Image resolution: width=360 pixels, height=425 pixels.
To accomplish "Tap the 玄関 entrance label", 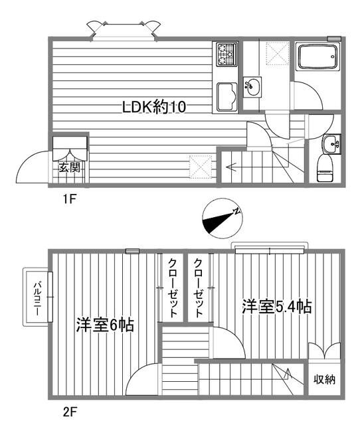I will [69, 167].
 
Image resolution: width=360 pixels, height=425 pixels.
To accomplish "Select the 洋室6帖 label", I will [104, 325].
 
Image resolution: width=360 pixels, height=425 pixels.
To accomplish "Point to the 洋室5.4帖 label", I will [277, 307].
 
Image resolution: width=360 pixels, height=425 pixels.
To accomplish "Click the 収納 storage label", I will [324, 380].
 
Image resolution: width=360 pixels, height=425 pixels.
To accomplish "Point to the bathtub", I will [317, 58].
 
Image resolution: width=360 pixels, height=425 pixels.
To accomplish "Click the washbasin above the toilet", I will [329, 143].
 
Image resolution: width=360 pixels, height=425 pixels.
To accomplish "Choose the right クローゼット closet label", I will [198, 287].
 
